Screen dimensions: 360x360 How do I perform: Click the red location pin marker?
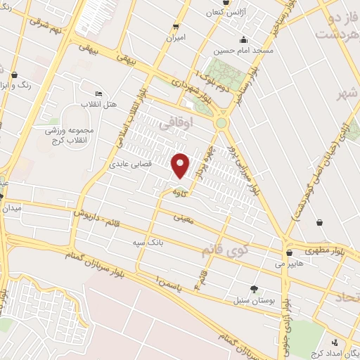181,165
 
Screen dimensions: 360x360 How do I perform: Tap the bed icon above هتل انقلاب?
98,94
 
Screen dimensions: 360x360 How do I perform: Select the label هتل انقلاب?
93,105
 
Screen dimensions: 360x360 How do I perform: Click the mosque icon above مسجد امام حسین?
243,39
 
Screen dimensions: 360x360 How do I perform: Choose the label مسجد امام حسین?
243,51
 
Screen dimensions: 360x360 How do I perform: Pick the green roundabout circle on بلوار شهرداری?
222,123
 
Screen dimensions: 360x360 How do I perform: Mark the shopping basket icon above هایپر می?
289,253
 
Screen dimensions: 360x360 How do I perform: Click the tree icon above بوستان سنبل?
254,288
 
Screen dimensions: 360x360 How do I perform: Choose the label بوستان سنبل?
249,300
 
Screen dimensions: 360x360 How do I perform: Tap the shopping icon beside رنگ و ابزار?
14,73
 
